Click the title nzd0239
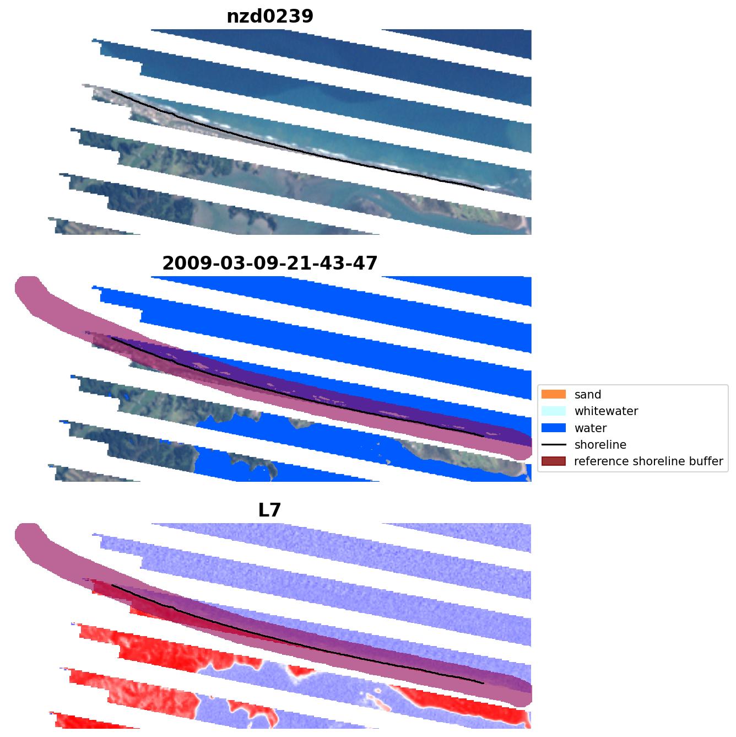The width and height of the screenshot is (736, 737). [270, 17]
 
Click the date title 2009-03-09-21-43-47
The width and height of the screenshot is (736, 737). [270, 263]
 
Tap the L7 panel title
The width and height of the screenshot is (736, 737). [270, 510]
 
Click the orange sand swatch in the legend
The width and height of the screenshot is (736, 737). [554, 394]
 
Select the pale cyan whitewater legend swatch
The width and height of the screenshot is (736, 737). [554, 411]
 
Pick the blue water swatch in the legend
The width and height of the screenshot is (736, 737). [554, 428]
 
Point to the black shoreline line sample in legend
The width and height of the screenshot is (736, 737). [554, 444]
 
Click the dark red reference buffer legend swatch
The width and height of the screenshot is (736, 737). [554, 461]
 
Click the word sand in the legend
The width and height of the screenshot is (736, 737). [587, 395]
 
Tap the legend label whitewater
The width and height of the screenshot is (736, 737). [606, 411]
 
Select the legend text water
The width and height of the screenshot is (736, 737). [590, 428]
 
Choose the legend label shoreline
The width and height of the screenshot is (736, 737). [600, 445]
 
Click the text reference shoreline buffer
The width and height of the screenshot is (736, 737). [648, 461]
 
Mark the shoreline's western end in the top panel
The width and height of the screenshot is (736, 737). [112, 92]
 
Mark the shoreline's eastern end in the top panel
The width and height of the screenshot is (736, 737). [483, 190]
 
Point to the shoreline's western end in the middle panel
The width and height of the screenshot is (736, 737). [112, 338]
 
